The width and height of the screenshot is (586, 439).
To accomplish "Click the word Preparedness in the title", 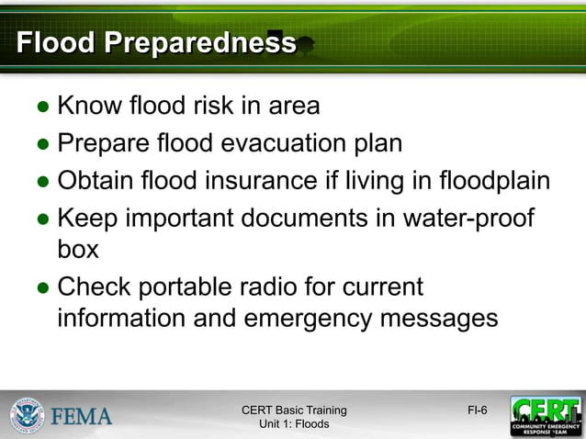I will (201, 43).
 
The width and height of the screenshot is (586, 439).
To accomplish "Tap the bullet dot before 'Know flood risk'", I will (42, 107).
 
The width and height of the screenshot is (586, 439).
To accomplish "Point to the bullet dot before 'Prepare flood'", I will (42, 145).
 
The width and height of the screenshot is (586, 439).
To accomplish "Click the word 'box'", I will (78, 250).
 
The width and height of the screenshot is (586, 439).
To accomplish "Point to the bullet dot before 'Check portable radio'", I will (42, 288).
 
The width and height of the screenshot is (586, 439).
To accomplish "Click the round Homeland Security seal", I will (27, 415).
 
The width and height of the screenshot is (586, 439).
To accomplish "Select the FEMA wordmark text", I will (81, 416).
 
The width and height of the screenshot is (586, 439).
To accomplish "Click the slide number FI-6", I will (478, 410).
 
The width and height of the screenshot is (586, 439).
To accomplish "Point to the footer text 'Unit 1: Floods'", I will (294, 424).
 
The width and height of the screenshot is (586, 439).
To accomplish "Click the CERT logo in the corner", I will (546, 416).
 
